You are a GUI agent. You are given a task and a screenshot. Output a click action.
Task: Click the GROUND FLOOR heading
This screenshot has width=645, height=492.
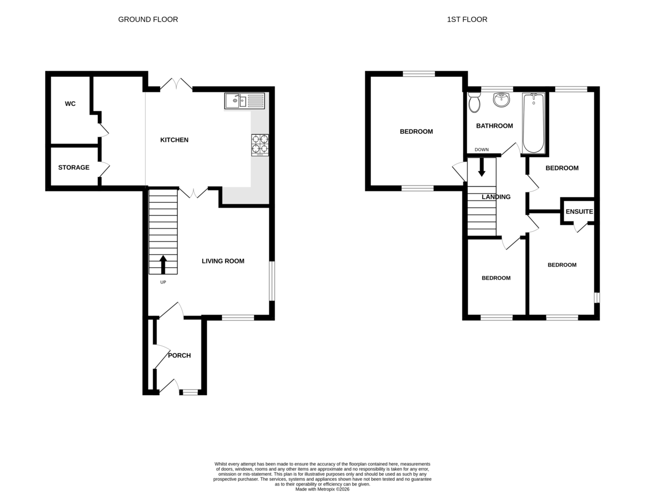148,19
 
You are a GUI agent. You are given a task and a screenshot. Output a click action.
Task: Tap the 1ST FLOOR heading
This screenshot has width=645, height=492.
467,19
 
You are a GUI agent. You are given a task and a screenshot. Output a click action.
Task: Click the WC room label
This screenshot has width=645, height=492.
70,104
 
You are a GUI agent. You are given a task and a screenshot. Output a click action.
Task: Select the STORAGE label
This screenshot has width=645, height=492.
74,168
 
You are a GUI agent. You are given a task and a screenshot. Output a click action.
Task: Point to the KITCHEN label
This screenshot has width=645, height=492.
174,140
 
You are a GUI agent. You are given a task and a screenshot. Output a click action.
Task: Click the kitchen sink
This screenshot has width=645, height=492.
245,101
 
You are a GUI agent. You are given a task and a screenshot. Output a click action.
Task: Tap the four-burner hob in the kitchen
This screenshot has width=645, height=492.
260,145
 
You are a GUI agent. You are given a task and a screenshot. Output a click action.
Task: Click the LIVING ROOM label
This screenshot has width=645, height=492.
223,261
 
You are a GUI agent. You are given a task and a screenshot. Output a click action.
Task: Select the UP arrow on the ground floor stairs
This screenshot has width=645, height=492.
163,265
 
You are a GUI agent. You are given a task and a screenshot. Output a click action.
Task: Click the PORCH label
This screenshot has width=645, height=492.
179,355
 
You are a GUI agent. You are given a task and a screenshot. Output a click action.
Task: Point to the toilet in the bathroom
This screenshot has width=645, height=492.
474,103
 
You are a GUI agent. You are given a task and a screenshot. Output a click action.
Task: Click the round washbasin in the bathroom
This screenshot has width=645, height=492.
501,100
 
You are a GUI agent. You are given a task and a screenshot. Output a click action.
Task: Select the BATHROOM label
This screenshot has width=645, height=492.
494,126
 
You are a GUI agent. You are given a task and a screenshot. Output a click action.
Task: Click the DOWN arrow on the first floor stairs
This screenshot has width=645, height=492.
482,167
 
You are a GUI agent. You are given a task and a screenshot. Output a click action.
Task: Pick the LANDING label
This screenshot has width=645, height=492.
496,197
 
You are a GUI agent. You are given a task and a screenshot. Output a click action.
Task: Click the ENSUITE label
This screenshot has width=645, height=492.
579,212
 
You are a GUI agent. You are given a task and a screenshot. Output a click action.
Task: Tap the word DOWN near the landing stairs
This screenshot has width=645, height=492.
482,149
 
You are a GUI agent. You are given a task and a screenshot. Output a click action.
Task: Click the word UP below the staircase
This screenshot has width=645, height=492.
163,282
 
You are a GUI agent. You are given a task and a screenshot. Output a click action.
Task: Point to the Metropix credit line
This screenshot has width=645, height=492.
322,489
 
